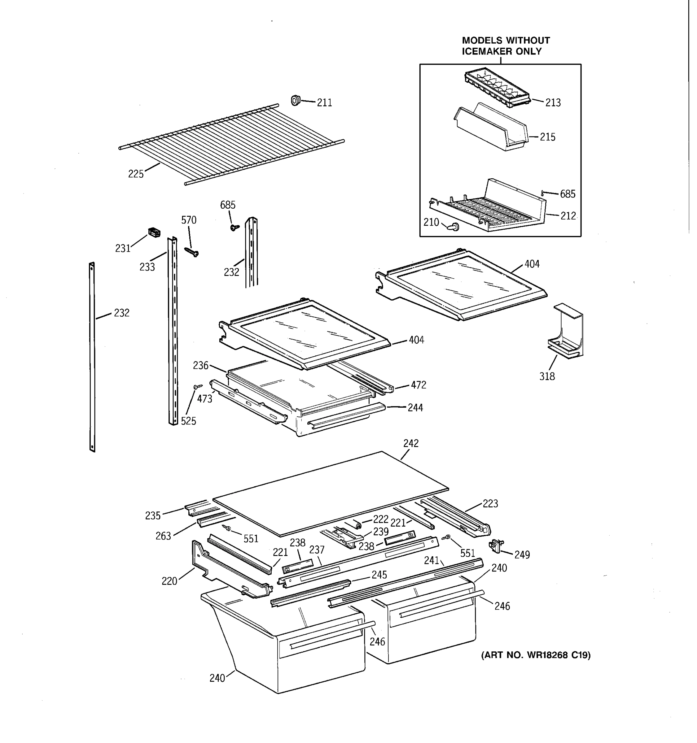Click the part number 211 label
[324, 103]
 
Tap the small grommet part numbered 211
[296, 100]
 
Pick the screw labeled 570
[192, 252]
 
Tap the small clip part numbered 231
[154, 232]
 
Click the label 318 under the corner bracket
[547, 376]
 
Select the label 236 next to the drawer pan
[200, 366]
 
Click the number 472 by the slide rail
[418, 385]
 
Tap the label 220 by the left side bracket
[169, 581]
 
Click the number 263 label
[163, 536]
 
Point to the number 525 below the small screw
[188, 421]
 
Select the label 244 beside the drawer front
[415, 408]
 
